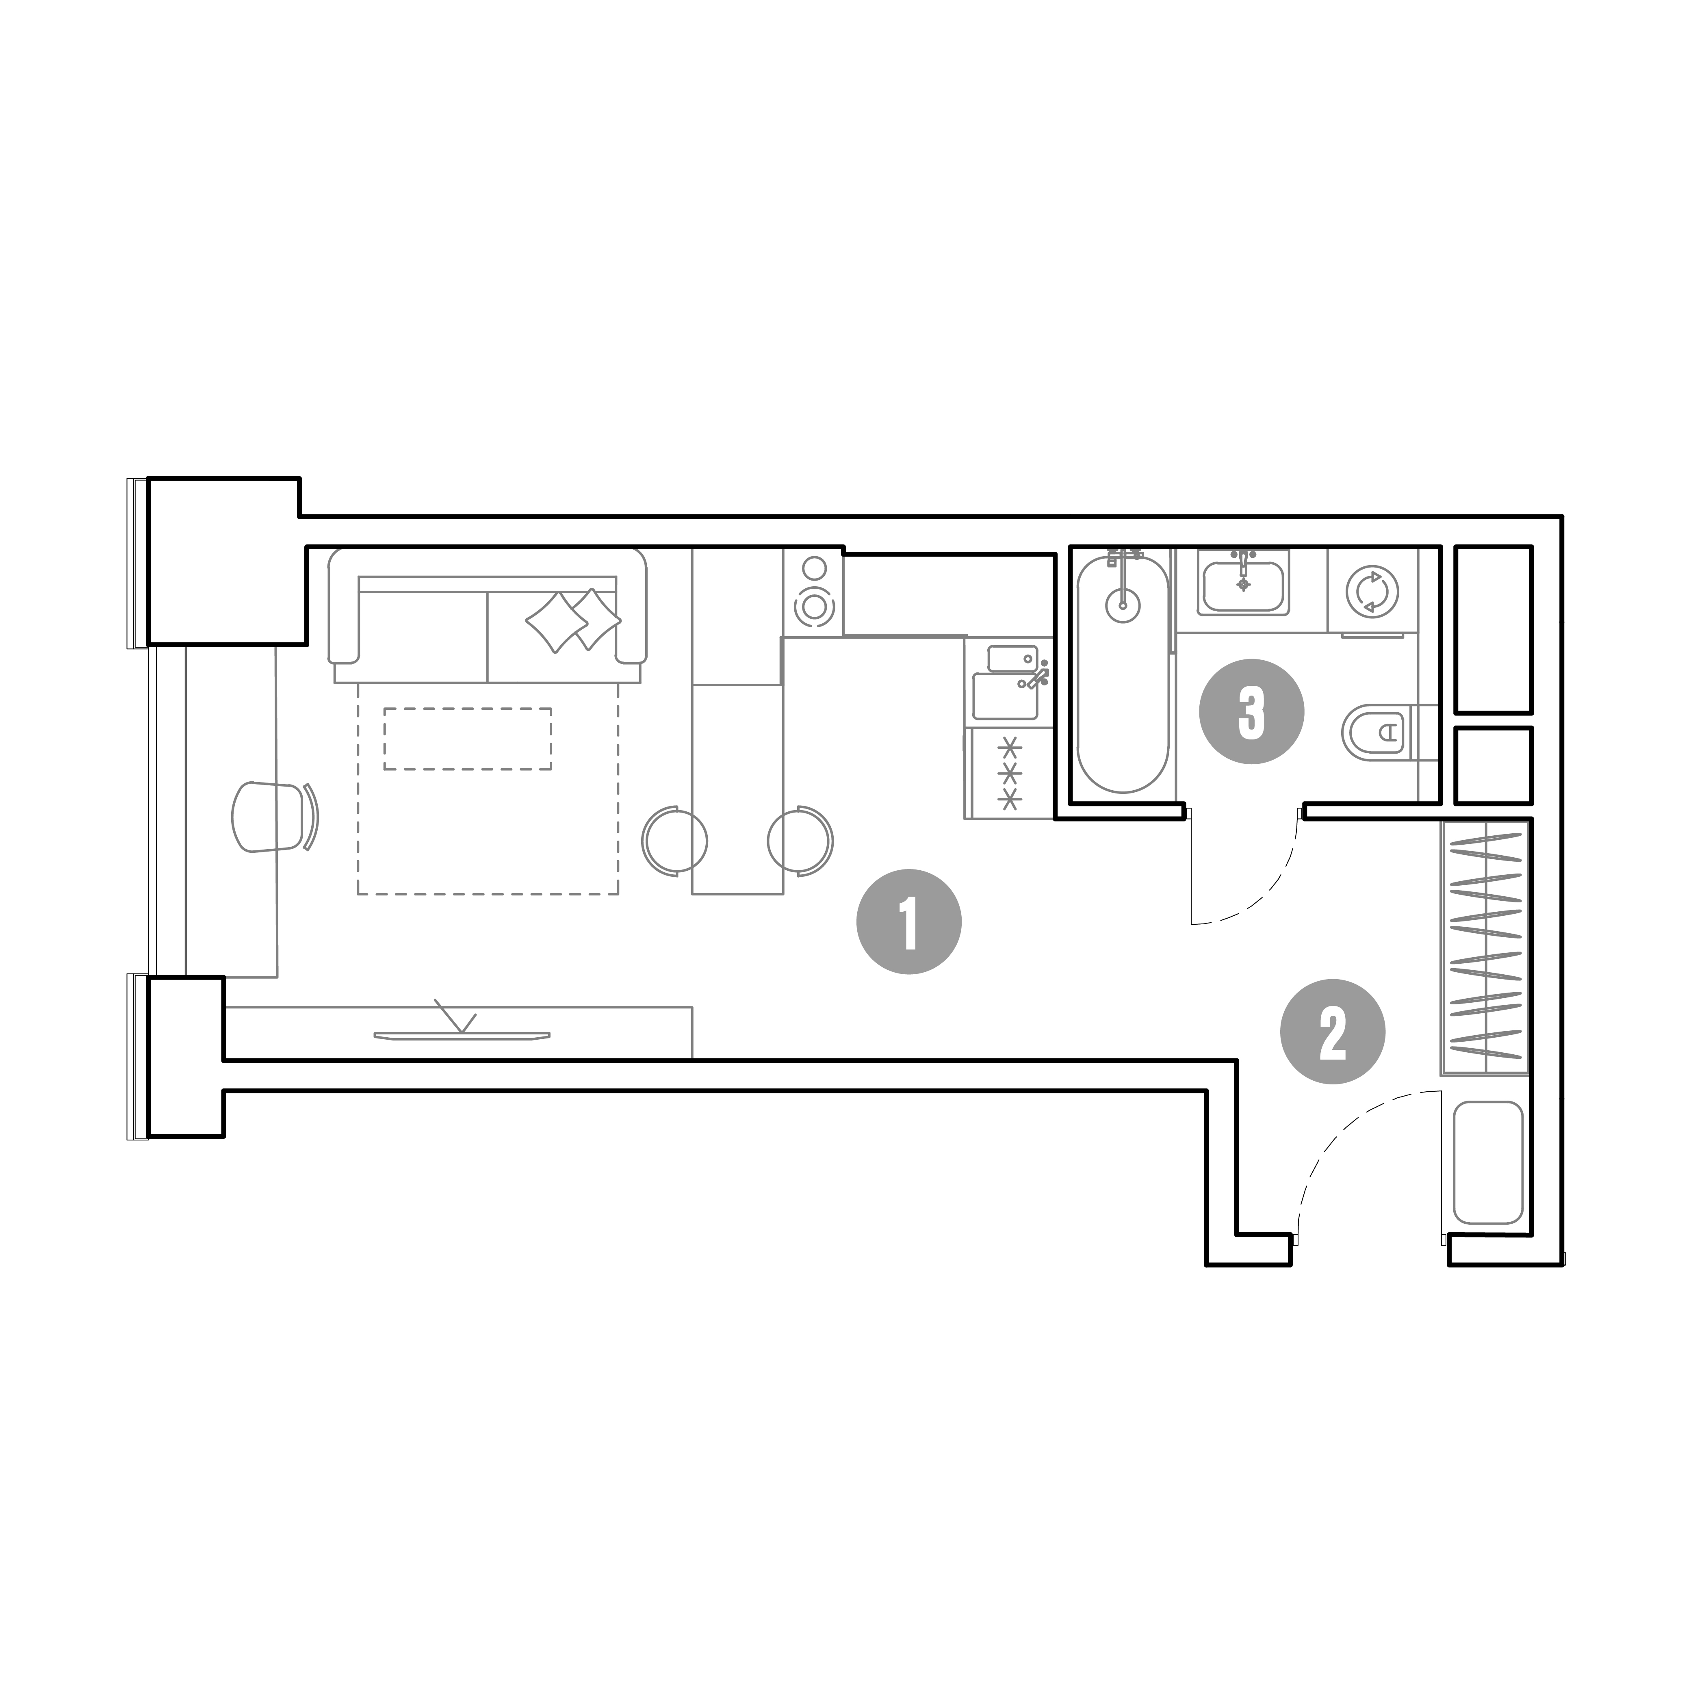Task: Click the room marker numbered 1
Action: click(x=909, y=922)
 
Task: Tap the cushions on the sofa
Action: click(x=573, y=620)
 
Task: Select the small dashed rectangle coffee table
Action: click(x=468, y=739)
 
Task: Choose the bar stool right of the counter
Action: click(x=801, y=840)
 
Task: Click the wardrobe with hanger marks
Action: click(x=1485, y=948)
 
